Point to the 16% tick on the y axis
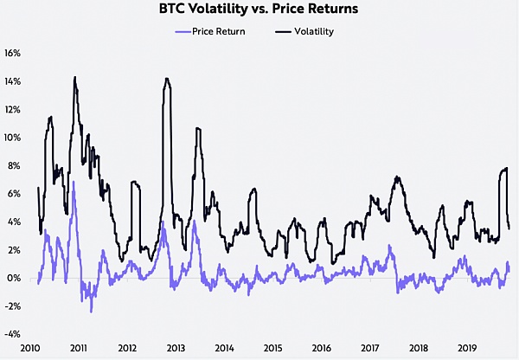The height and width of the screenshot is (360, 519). [13, 53]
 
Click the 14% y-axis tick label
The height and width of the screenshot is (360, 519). [13, 81]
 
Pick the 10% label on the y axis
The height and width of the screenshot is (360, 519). [13, 138]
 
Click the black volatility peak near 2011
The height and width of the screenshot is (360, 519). [75, 78]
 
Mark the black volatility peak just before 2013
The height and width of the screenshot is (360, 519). [167, 79]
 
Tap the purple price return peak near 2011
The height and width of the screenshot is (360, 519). [74, 182]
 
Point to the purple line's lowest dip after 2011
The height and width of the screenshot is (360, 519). [91, 311]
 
